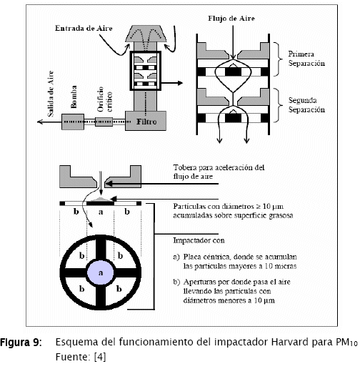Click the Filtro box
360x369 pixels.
pos(146,121)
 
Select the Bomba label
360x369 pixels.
pos(74,97)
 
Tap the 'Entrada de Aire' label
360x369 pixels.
pos(84,28)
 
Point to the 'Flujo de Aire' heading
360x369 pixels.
pos(231,19)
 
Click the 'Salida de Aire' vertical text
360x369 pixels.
pos(51,94)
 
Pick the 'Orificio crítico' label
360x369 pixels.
pos(104,99)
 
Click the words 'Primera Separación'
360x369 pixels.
pos(306,59)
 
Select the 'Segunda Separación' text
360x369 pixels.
pos(306,104)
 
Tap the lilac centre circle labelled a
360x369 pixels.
pos(101,272)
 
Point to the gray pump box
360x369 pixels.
pos(73,122)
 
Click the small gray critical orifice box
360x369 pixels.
pos(104,122)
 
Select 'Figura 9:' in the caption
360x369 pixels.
pos(21,343)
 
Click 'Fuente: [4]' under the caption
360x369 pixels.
pos(81,357)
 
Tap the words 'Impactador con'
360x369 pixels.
pos(199,240)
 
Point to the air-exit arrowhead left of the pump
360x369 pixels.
pos(40,122)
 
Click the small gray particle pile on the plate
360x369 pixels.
pos(101,199)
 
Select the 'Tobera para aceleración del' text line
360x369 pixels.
pos(219,167)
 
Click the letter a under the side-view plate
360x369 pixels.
pos(101,212)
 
